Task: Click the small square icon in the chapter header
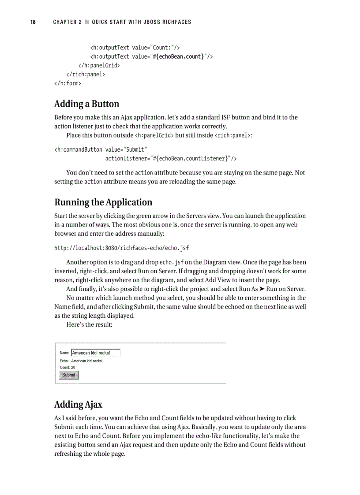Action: click(87, 22)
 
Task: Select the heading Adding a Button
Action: click(86, 104)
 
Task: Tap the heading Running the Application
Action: click(103, 202)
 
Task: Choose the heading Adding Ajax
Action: click(78, 404)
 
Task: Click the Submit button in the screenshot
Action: click(69, 375)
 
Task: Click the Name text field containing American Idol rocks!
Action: click(96, 353)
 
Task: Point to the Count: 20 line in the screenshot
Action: click(67, 367)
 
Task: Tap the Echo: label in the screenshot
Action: click(64, 361)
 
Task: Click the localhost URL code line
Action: click(122, 248)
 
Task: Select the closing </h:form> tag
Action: click(67, 83)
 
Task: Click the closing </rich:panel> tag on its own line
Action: click(86, 74)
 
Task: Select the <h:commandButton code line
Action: click(101, 149)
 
